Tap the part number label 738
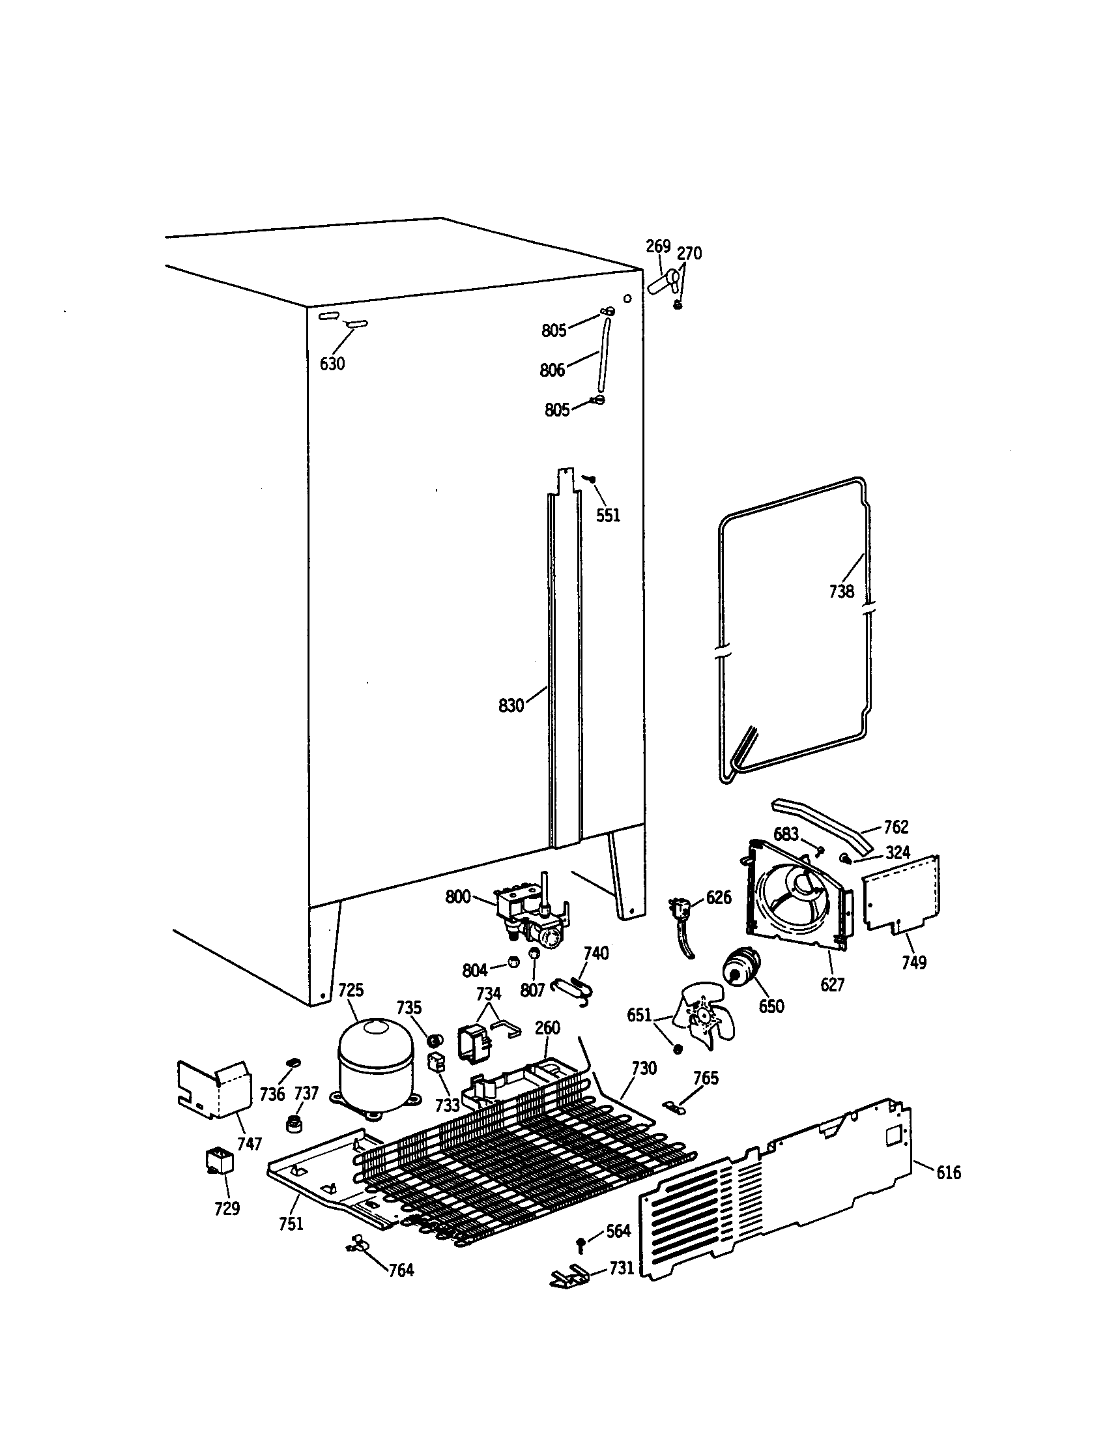point(841,592)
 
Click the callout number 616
point(948,1173)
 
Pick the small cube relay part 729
point(220,1161)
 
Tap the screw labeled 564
point(581,1242)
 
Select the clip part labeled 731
point(569,1276)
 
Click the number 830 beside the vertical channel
point(511,706)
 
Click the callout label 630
point(332,363)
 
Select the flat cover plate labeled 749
point(901,894)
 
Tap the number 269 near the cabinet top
point(658,246)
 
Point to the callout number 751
point(291,1223)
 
